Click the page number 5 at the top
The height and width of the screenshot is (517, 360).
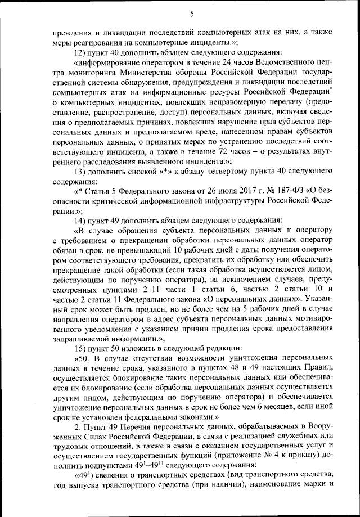tap(192, 14)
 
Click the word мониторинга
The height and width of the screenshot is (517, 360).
tap(100, 72)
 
